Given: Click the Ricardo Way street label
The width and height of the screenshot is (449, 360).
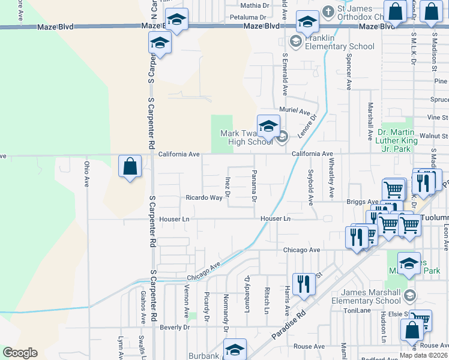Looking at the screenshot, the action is (x=204, y=197).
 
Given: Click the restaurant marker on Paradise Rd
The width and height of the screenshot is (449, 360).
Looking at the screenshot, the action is (x=304, y=283).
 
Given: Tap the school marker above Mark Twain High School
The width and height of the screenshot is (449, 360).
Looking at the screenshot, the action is (x=268, y=125).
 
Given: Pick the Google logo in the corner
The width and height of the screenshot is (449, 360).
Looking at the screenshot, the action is (x=20, y=353).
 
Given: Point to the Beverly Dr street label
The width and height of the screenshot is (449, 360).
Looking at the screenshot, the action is (x=175, y=327).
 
